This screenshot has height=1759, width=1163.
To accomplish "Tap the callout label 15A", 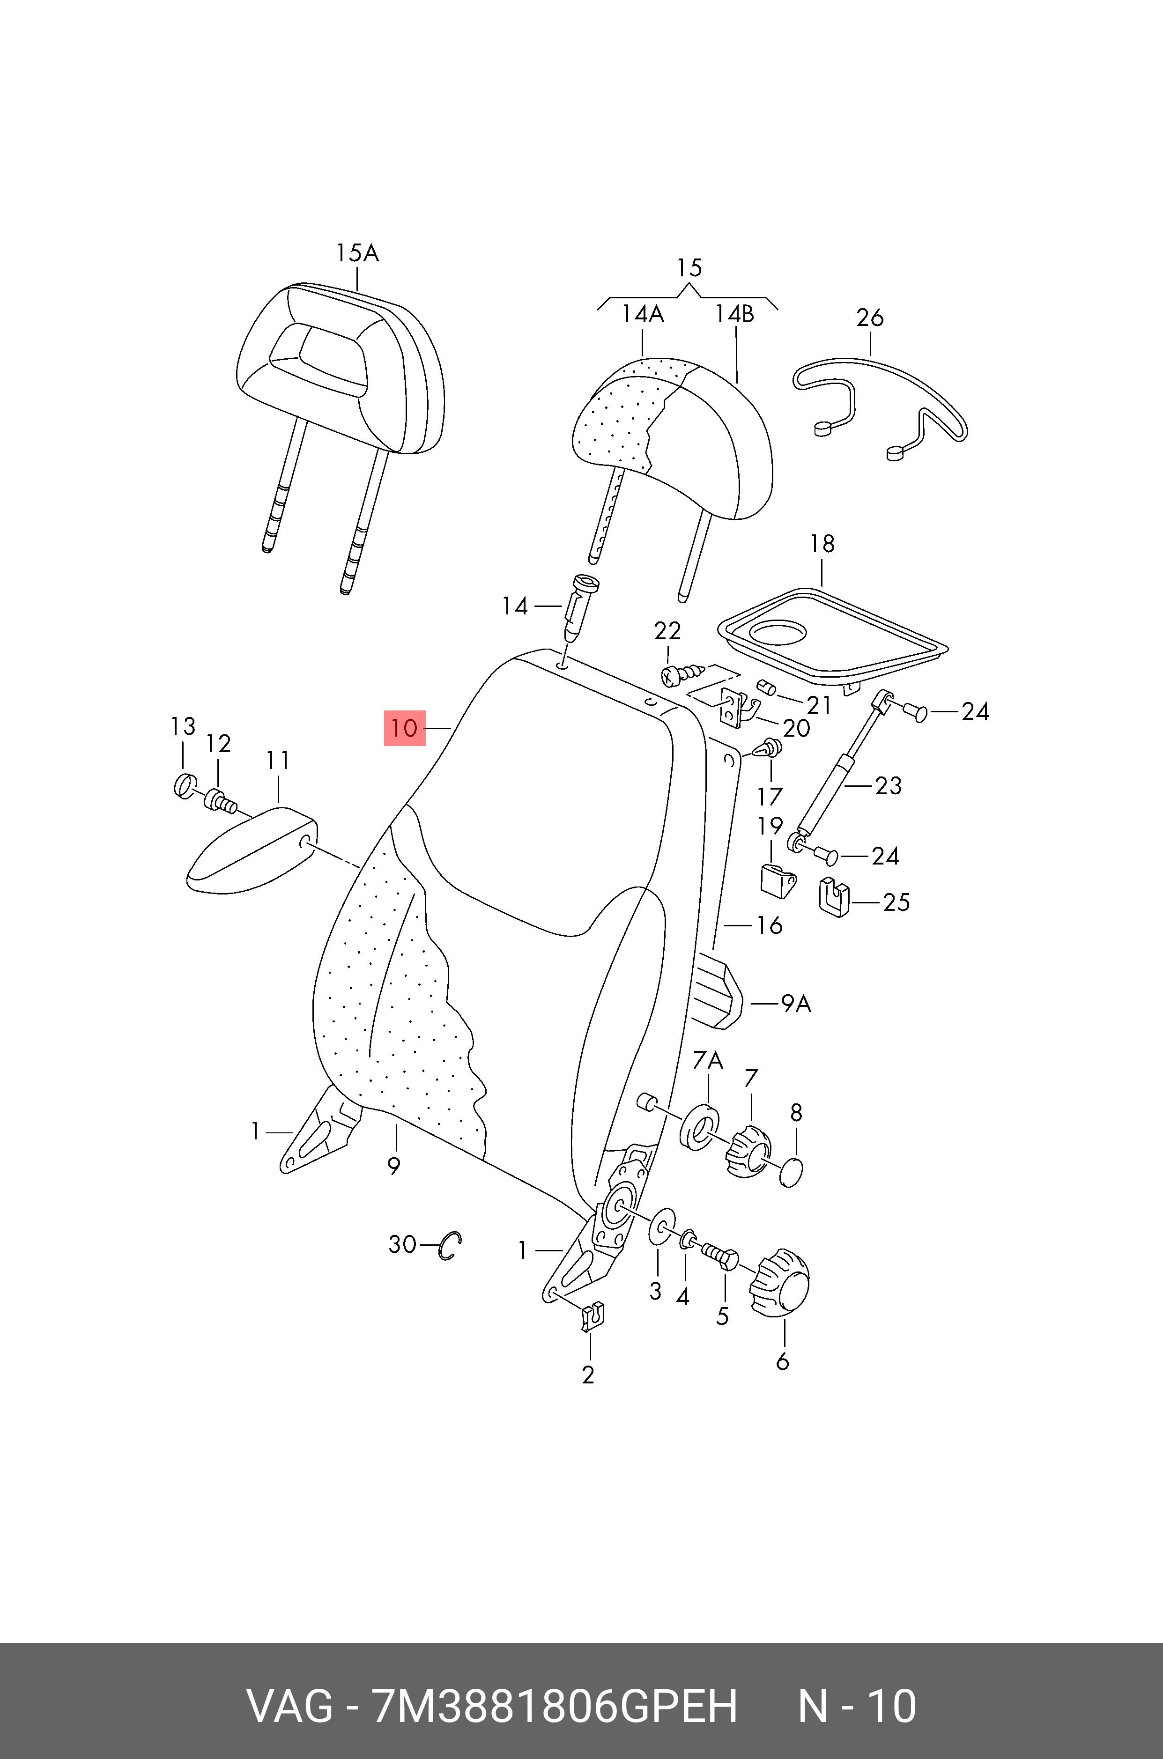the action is pyautogui.click(x=357, y=254).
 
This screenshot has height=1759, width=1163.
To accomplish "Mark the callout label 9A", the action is pyautogui.click(x=796, y=1004).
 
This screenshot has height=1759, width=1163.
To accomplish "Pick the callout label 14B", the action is pyautogui.click(x=734, y=314).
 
